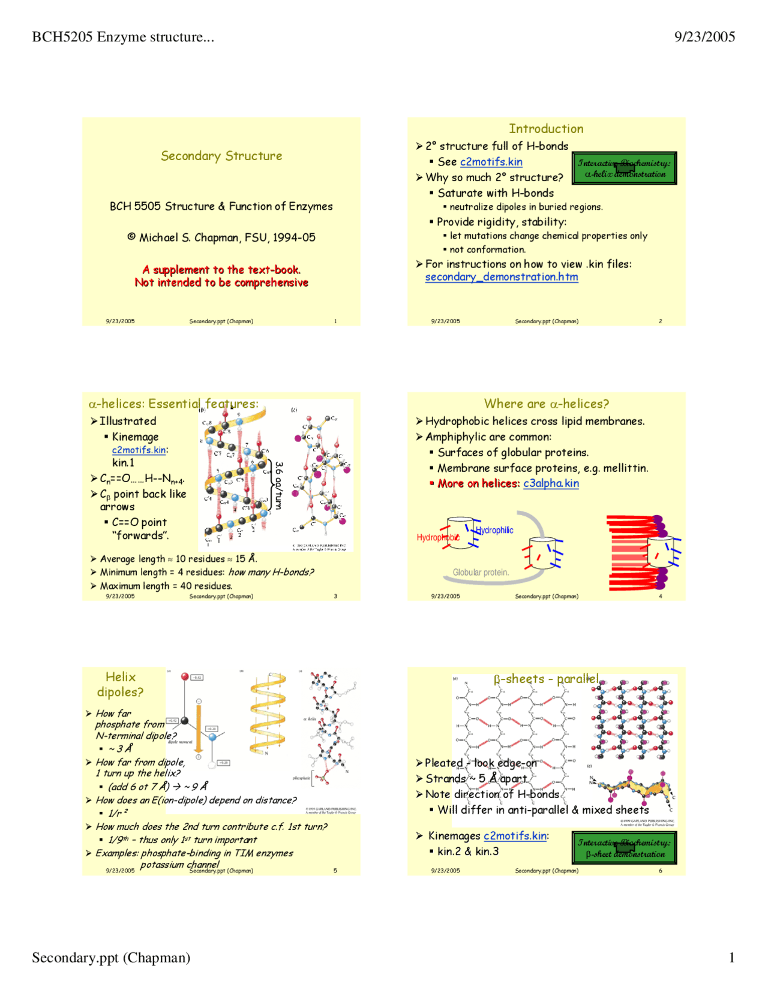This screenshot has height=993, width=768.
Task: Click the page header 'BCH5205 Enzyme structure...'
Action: click(123, 37)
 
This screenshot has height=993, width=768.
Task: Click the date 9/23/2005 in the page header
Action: click(704, 37)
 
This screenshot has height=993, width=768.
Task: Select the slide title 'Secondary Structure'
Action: click(221, 156)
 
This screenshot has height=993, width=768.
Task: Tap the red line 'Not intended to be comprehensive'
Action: click(221, 282)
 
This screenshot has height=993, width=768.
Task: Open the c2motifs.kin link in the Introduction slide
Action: click(491, 162)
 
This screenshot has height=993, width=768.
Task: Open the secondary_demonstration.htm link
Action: click(502, 277)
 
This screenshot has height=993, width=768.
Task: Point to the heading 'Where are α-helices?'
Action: click(546, 404)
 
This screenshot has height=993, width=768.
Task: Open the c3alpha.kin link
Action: click(551, 483)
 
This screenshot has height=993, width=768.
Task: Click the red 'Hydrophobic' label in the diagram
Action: click(437, 537)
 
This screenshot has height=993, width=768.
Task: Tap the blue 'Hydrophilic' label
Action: click(494, 530)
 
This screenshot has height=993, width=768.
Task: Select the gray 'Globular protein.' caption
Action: click(481, 573)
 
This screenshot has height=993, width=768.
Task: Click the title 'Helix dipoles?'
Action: click(121, 684)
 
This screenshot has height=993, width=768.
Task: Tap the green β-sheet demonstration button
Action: click(624, 848)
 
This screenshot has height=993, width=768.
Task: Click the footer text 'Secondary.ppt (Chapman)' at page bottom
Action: click(111, 958)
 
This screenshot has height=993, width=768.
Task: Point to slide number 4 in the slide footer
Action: click(661, 597)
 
